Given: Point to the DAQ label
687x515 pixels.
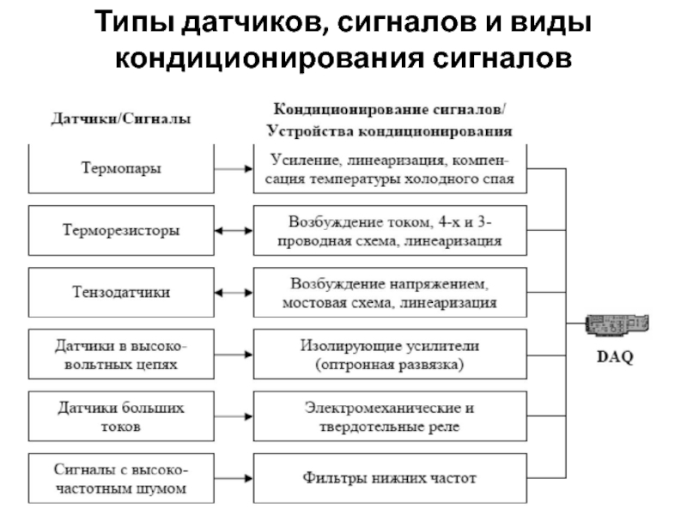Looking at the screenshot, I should [x=614, y=358].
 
